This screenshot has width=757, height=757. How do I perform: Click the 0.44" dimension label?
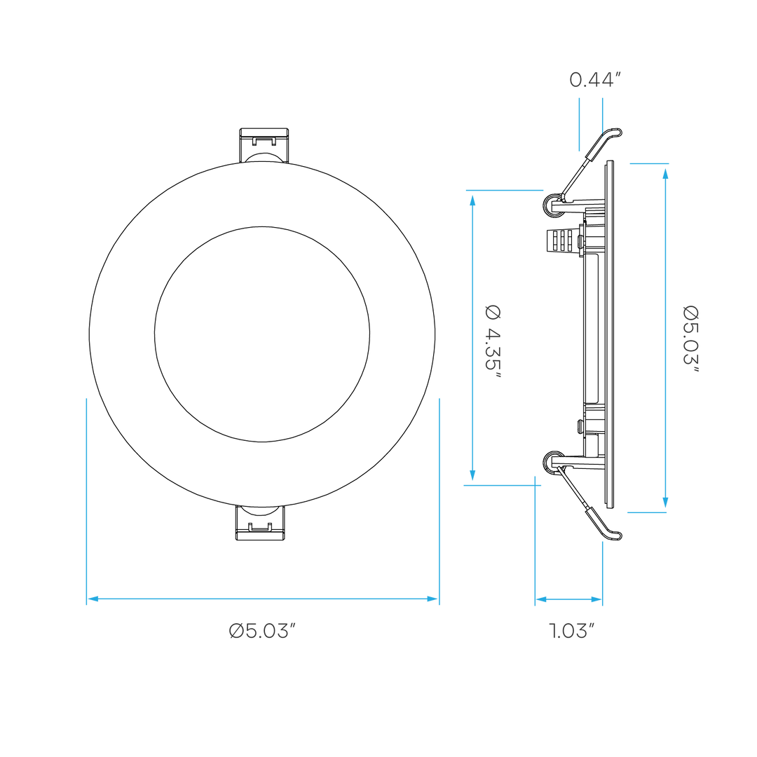(594, 80)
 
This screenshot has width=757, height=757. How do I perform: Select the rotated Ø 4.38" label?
(494, 341)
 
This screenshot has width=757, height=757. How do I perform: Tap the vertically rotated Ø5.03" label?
(691, 339)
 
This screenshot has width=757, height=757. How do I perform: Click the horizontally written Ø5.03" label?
(263, 632)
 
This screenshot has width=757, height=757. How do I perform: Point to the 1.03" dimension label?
(572, 631)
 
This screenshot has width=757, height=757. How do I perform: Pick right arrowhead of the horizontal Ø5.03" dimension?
(432, 599)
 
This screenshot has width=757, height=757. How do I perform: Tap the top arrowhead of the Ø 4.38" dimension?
(472, 199)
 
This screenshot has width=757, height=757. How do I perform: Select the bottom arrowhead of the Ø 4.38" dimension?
(472, 475)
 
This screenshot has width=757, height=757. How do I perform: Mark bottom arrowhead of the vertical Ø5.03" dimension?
(665, 503)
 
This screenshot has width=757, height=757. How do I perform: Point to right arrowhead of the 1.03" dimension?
(595, 600)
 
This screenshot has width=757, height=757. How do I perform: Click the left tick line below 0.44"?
(579, 124)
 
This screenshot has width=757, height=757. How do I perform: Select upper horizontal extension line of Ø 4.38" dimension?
(505, 190)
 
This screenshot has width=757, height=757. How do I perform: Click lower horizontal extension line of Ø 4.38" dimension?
(502, 485)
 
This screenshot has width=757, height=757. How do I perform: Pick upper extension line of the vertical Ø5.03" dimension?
(649, 164)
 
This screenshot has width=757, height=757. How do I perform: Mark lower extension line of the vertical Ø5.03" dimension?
(646, 512)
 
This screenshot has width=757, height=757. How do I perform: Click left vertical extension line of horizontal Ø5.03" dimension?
(87, 491)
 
